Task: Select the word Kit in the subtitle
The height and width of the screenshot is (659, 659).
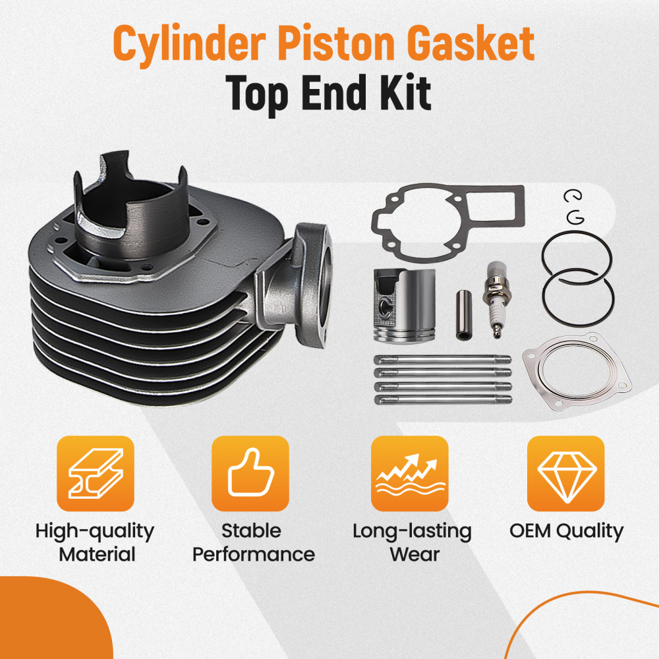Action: click(403, 93)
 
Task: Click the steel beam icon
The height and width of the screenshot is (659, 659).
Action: click(95, 474)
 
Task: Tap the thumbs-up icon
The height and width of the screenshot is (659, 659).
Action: click(250, 474)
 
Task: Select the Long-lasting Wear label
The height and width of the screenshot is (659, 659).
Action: click(412, 542)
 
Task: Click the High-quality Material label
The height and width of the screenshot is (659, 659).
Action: click(95, 542)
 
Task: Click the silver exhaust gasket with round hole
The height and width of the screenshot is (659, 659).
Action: click(575, 374)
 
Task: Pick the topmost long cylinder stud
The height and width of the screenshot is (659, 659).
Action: click(442, 359)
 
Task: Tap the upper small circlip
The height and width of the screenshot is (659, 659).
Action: click(571, 196)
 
